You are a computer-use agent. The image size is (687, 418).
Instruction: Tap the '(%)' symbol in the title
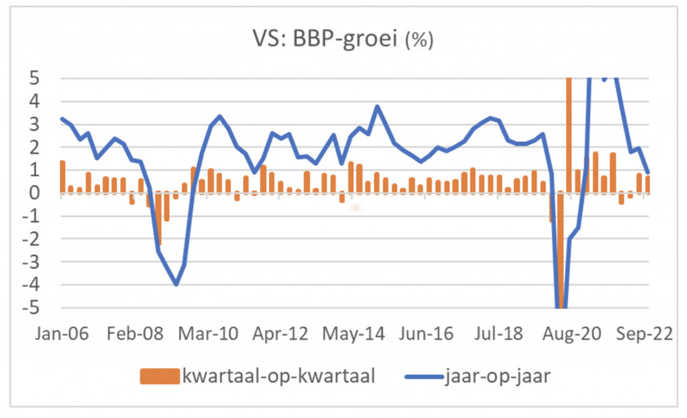[420, 40]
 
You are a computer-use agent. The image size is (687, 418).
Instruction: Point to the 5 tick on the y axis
[45, 78]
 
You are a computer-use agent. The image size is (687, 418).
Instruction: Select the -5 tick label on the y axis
[41, 308]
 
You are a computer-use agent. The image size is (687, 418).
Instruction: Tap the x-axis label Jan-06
[59, 332]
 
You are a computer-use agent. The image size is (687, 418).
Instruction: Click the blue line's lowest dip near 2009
[176, 284]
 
